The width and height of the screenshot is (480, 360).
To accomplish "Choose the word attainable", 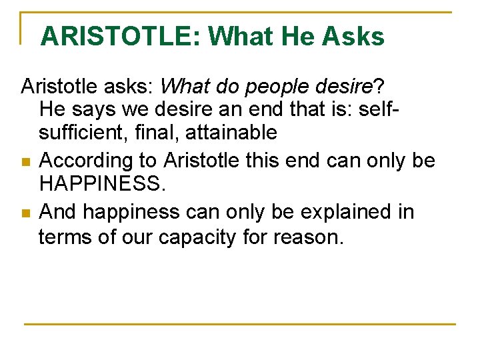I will point(231,133).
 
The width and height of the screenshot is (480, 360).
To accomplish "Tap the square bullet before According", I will point(25,161).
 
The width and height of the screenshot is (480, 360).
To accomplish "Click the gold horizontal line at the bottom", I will point(240,324).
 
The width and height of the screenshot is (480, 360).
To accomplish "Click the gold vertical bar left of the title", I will point(22,28).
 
